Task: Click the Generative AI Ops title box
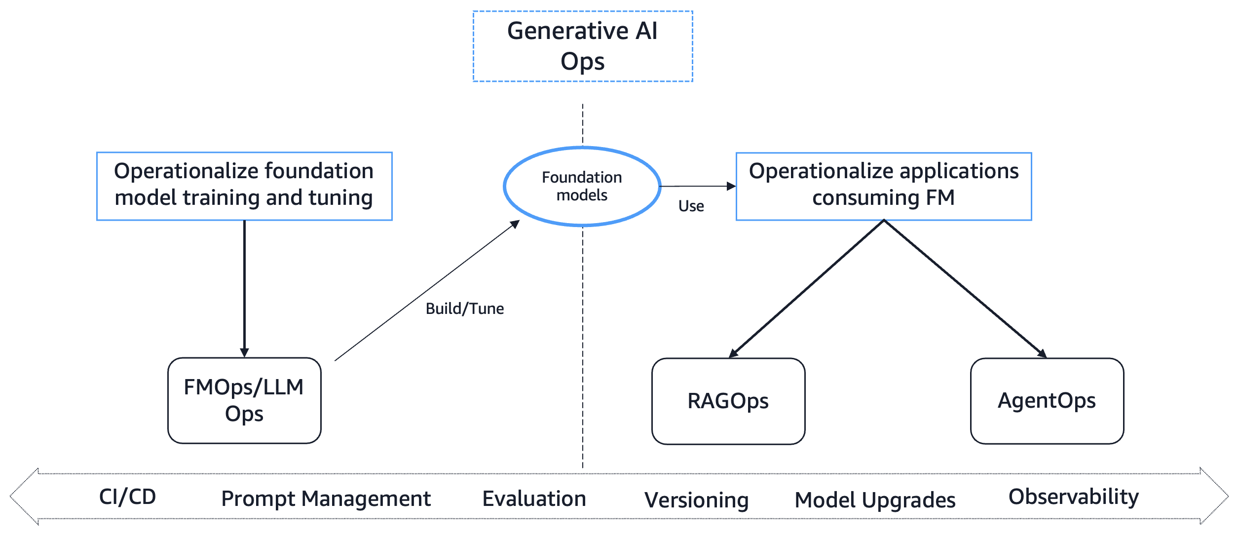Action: [x=582, y=46]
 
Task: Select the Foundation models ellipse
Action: [x=582, y=186]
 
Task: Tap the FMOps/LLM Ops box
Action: [x=244, y=400]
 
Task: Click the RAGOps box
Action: [x=728, y=401]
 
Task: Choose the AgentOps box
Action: [x=1047, y=400]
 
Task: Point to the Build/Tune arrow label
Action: [x=464, y=308]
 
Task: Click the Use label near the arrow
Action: [x=691, y=206]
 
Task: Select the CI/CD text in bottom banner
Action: [x=127, y=497]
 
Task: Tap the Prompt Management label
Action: [x=326, y=499]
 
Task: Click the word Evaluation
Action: [x=534, y=499]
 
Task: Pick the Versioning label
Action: [x=696, y=500]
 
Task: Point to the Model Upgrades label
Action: [x=875, y=500]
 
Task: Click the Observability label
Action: [x=1073, y=497]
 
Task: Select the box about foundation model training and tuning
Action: [x=244, y=186]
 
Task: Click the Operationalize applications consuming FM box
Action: [x=883, y=186]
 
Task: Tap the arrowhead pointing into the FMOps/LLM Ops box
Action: [x=244, y=352]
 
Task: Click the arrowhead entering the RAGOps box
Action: [x=733, y=353]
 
